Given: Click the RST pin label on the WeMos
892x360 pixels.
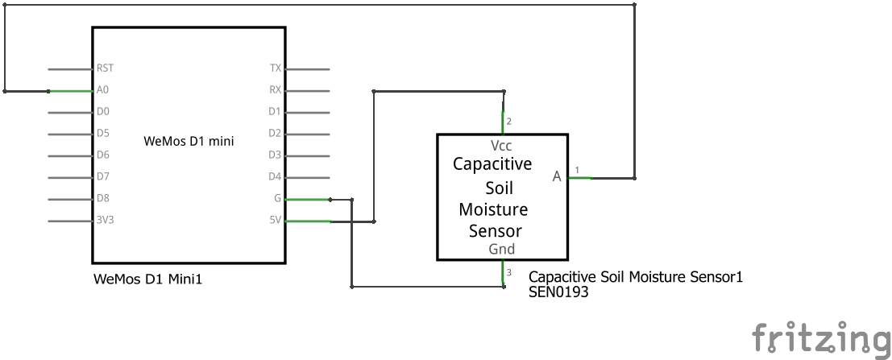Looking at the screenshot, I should click(x=104, y=69).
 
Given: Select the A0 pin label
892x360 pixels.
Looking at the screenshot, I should click(x=102, y=91).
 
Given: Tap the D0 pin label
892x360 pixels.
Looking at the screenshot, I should click(x=102, y=112).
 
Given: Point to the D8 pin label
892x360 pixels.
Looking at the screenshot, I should click(x=102, y=198).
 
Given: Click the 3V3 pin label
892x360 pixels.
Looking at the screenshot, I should click(x=105, y=220).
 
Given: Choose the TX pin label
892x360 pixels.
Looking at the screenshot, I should click(x=275, y=69).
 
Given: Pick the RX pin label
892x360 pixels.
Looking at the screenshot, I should click(x=275, y=91).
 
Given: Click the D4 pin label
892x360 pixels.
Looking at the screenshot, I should click(x=274, y=176).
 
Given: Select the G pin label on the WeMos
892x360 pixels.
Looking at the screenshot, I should click(x=277, y=198).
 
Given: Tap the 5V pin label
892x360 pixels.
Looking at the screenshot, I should click(x=275, y=220).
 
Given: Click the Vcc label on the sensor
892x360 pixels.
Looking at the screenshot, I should click(x=501, y=146).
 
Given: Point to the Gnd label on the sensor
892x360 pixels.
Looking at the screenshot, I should click(x=501, y=250).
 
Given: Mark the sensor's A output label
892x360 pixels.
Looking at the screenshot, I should click(x=557, y=177).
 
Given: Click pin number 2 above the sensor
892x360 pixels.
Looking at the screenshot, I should click(x=508, y=122).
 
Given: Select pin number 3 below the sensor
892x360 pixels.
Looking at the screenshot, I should click(x=508, y=272).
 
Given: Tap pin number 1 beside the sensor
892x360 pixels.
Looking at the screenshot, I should click(x=576, y=169).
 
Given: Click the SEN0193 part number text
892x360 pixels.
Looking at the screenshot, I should click(x=558, y=294).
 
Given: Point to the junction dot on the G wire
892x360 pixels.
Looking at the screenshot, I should click(x=330, y=198).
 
